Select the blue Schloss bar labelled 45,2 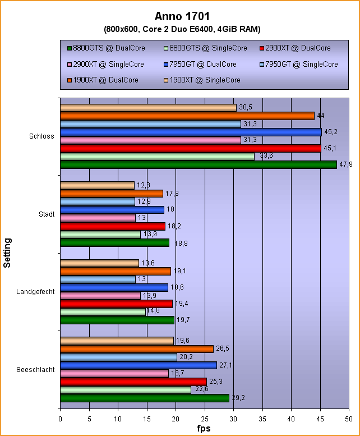click(191, 132)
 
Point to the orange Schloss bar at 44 click(187, 116)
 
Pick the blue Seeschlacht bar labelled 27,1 click(138, 365)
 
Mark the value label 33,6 click(264, 156)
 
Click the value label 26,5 click(223, 349)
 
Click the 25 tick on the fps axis click(205, 418)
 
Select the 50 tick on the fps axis click(349, 418)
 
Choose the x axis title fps click(205, 429)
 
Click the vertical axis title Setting click(7, 253)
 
